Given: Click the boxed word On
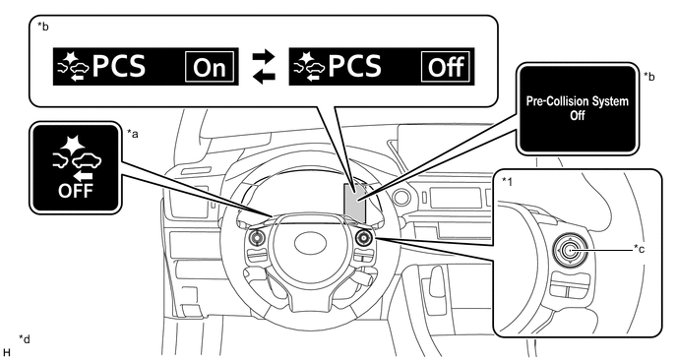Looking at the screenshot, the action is [210, 67].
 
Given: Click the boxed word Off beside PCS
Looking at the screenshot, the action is [446, 67].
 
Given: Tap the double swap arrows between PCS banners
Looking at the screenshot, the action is [264, 67].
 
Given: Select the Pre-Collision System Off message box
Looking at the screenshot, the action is [578, 108].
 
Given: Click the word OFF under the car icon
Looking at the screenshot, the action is [76, 191].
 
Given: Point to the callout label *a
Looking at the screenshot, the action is [133, 134].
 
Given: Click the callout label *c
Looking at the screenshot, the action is [639, 249].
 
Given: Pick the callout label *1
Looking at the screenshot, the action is [508, 182].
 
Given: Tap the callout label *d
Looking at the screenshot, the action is [25, 339].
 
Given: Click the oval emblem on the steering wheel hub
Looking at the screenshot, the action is [309, 243].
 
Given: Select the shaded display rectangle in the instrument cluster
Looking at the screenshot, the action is [355, 203].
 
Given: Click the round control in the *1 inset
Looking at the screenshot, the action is [570, 251].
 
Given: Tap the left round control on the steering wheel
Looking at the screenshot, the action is [256, 237].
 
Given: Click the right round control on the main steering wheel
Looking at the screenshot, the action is [363, 237].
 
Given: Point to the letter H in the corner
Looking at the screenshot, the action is [7, 352].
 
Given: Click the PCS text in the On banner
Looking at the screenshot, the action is [119, 67].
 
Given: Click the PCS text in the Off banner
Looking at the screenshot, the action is [354, 67].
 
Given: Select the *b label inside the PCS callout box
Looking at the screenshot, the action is [42, 27].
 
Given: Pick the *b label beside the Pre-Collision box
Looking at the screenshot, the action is [648, 77].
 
